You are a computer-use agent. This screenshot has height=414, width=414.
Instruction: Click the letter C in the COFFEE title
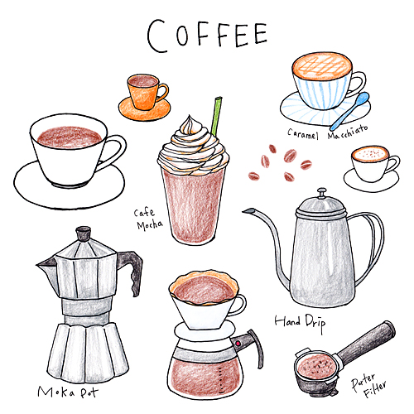tap(157, 36)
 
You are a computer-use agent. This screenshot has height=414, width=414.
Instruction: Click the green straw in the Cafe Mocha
tap(216, 116)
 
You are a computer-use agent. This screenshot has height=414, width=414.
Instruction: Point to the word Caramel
tap(302, 134)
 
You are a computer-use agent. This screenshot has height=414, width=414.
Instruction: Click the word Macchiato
tap(348, 132)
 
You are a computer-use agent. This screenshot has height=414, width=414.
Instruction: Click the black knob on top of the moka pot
tap(83, 233)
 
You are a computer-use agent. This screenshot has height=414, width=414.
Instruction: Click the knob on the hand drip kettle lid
tap(321, 193)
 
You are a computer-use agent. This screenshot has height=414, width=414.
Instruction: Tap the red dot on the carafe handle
tap(238, 344)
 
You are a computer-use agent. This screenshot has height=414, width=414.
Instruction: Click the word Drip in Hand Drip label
tap(315, 323)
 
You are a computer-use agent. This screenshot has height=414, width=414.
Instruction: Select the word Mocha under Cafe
tap(150, 224)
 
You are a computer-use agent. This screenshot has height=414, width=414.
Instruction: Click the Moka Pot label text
tap(68, 392)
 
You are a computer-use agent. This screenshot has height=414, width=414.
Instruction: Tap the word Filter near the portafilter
tap(374, 389)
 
